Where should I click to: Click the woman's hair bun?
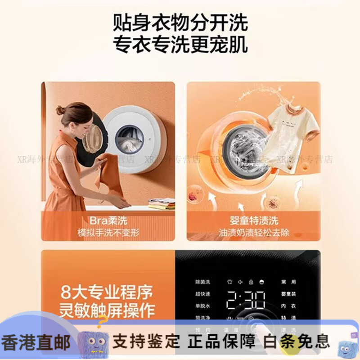pyautogui.click(x=60, y=110)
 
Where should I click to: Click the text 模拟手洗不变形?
pyautogui.click(x=108, y=233)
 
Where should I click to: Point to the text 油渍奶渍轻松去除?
pyautogui.click(x=253, y=233)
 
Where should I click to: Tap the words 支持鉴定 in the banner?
pyautogui.click(x=147, y=341)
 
